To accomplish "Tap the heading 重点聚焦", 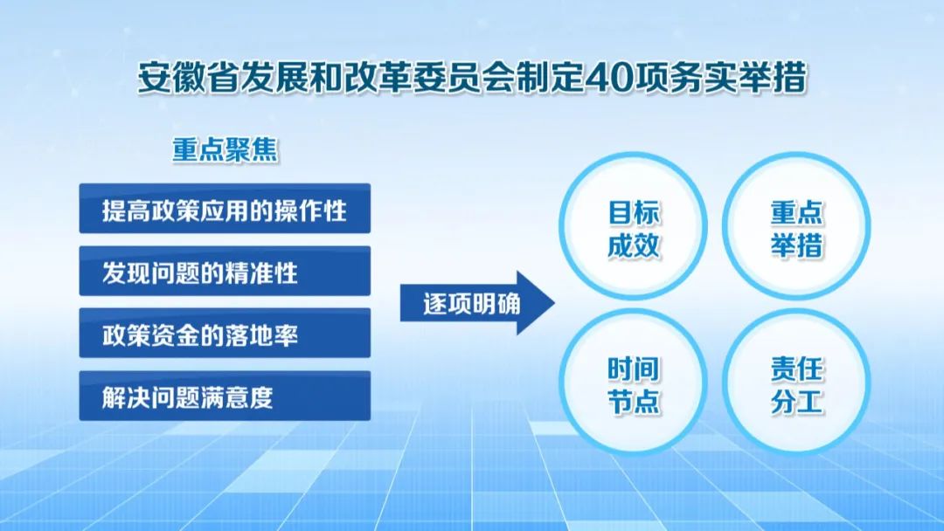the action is click(226, 149).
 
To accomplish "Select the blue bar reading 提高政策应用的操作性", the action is click(225, 208).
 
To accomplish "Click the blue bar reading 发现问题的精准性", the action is click(225, 271).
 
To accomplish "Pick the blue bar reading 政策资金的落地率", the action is click(225, 333).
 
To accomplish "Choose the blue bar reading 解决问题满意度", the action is click(225, 396).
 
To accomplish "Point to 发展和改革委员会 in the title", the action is click(378, 79).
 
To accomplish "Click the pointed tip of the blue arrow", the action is click(554, 303).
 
